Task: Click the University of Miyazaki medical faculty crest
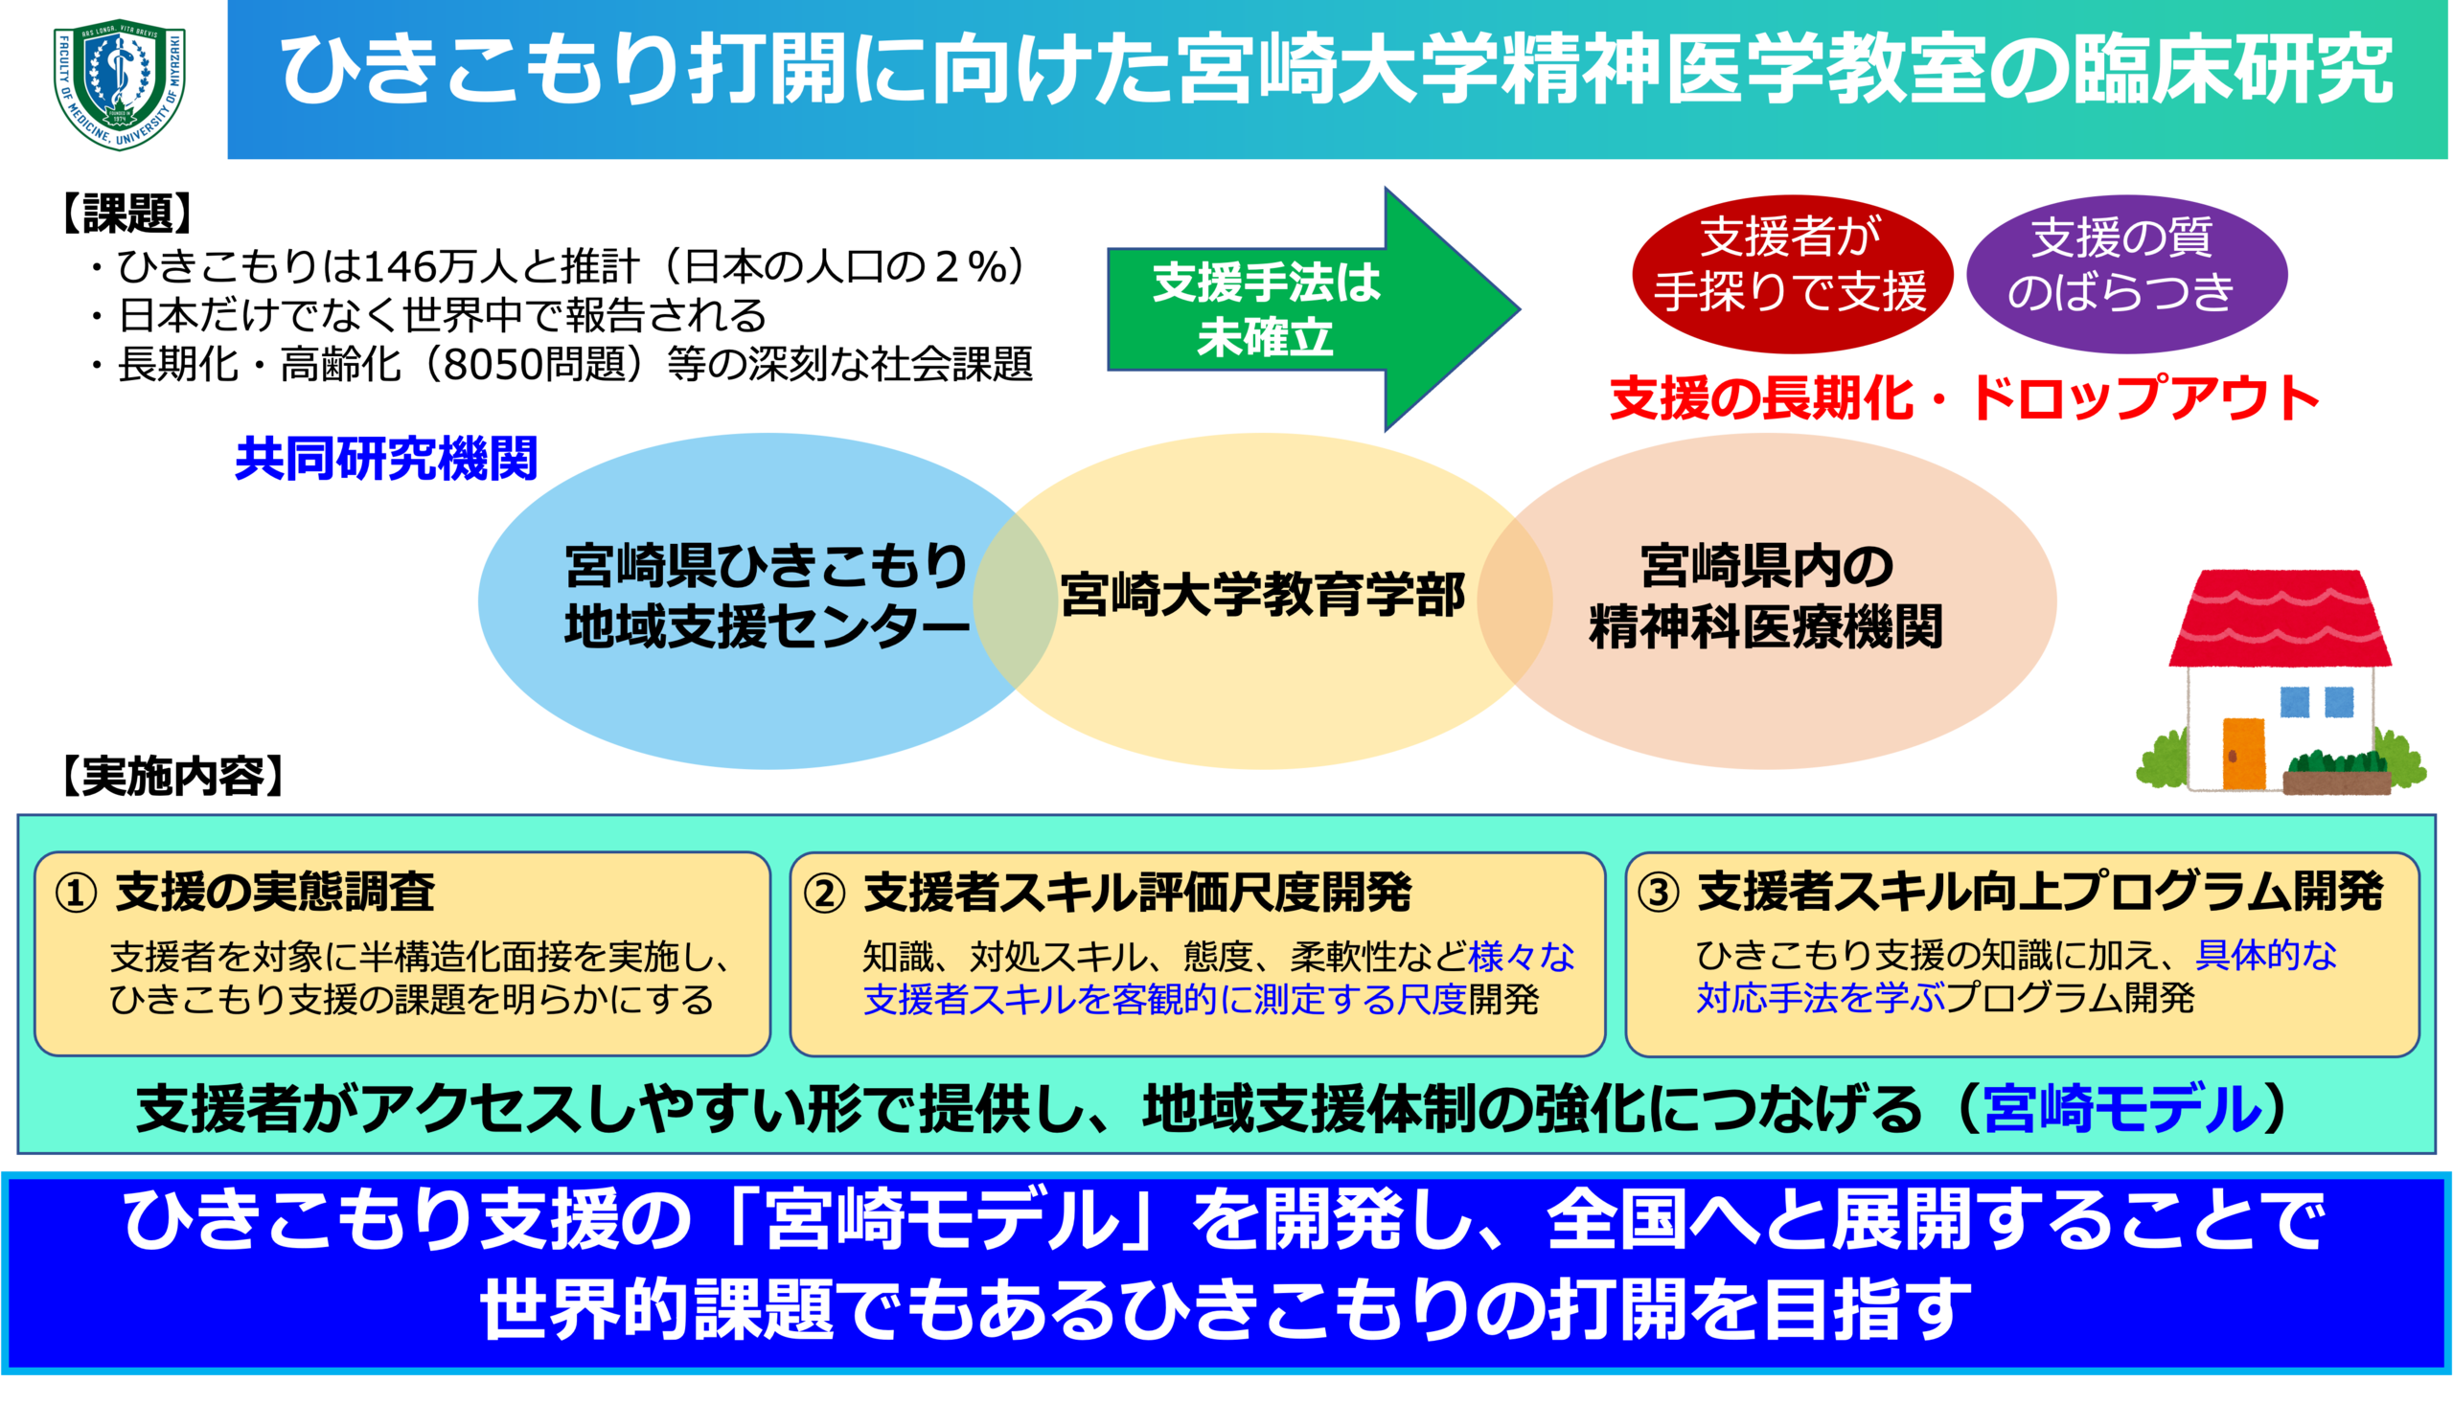coord(120,85)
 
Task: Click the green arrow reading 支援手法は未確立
coord(1293,309)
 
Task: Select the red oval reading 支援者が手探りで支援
coord(1791,265)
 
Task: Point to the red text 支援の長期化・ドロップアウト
coord(1963,397)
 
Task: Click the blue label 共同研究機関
coord(385,459)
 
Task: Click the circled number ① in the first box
coord(77,893)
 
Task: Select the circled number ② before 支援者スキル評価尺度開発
coord(825,893)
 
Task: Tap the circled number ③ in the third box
coord(1659,893)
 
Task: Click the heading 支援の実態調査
coord(275,892)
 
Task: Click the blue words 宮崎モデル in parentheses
coord(2123,1109)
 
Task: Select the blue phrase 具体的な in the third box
coord(2266,955)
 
